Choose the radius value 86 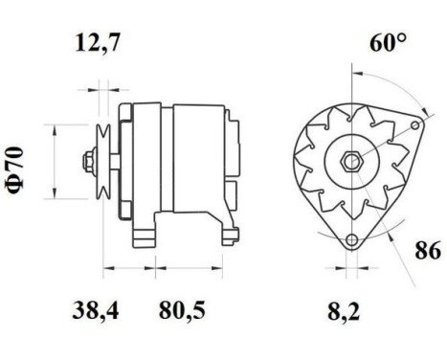[426, 253]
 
